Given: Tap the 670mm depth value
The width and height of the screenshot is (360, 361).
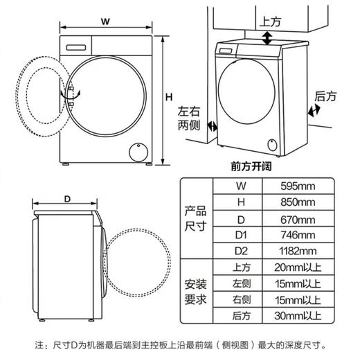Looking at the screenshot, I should pos(298,219).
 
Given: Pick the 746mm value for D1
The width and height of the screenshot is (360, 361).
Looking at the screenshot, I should pos(298,235).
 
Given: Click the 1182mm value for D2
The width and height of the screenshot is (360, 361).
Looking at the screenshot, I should pos(298,251).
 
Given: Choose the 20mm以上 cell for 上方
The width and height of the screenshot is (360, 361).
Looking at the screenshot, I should pos(298,267).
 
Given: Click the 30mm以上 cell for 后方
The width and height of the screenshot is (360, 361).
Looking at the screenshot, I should pos(298,317).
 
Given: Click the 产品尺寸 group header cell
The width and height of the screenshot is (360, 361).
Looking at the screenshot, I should pos(195,218).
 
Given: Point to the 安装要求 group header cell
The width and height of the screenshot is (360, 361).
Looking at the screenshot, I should pos(195,292).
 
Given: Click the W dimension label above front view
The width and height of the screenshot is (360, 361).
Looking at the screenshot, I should pos(105,21).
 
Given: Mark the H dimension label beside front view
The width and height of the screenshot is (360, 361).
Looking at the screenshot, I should pos(168,98).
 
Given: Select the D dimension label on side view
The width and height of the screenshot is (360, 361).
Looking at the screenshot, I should pos(66,199).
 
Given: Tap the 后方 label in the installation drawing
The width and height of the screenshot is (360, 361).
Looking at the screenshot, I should pos(325,96).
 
